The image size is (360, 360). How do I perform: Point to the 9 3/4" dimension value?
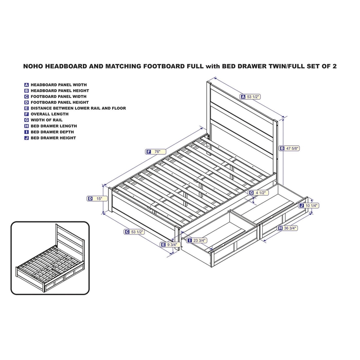click(173, 244)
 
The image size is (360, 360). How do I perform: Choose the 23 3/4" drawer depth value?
click(199, 241)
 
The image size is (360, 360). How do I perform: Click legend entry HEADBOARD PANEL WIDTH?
click(58, 85)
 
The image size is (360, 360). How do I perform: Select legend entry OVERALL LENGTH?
click(49, 114)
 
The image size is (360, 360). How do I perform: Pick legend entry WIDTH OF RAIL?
click(47, 120)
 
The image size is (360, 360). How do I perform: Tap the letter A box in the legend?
click(27, 85)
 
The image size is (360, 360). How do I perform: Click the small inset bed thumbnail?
click(49, 256)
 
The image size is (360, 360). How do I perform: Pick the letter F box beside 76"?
click(148, 152)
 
